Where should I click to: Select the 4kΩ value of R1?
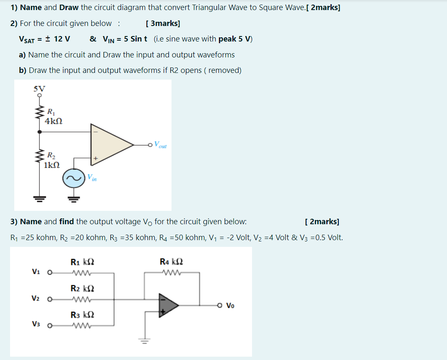coord(54,121)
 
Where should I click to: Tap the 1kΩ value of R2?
coord(52,165)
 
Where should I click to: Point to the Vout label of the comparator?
coord(160,145)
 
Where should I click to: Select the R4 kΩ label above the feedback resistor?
coord(172,262)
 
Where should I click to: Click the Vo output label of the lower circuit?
coord(230,306)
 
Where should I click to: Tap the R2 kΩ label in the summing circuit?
coord(82,289)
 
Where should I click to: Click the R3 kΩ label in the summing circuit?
coord(82,315)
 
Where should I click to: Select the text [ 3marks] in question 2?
coord(163,23)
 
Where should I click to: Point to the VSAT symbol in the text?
coord(27,39)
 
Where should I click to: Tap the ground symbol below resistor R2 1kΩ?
coord(40,199)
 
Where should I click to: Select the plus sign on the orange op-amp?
coord(96,158)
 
